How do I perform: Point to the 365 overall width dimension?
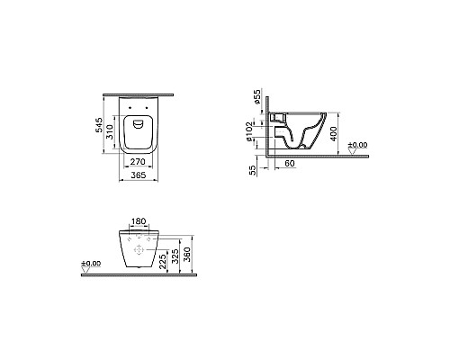[138, 176]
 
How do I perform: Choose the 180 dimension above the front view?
[138, 221]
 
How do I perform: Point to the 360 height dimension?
[186, 255]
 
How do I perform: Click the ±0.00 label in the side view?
[358, 144]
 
